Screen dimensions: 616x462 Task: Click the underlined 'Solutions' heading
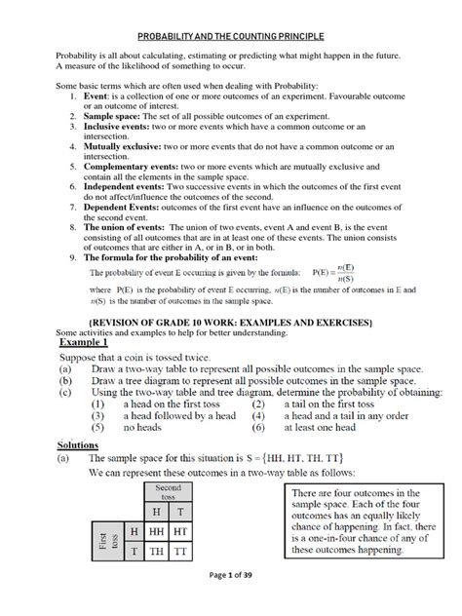click(87, 444)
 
